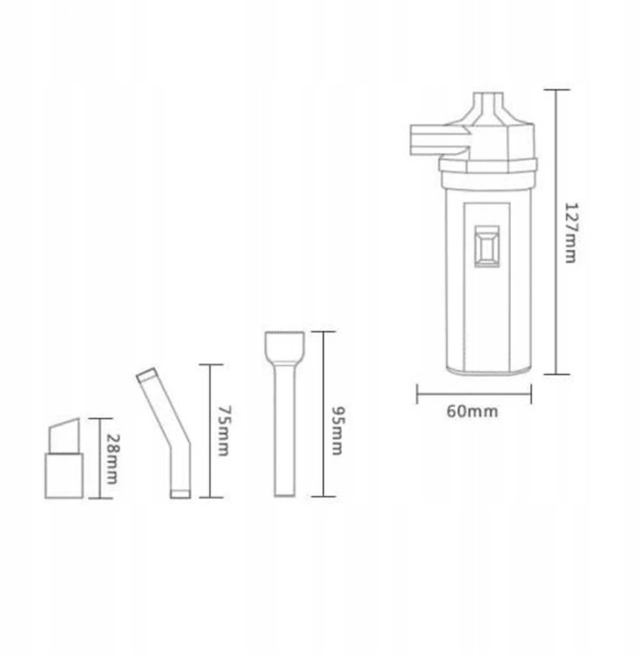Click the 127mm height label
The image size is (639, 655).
pos(571,233)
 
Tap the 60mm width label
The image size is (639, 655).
pos(473,411)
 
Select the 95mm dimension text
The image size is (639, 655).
pos(338,430)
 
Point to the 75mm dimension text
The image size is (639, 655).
pos(223,430)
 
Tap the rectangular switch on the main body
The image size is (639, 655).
pos(487,246)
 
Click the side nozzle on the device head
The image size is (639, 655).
pos(439,140)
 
